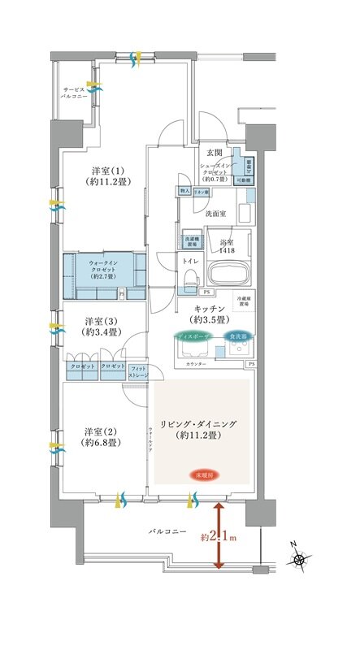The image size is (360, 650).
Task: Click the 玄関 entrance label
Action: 214,152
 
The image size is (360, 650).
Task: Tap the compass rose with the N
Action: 301,560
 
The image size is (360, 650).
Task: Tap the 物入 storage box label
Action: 184,192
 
